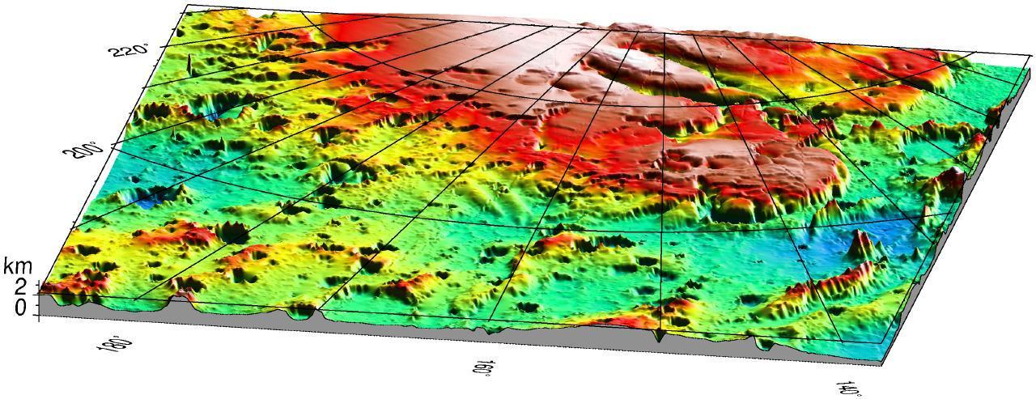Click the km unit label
point(16,265)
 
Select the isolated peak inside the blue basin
point(860,243)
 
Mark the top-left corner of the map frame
point(187,5)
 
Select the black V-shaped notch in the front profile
point(660,336)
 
